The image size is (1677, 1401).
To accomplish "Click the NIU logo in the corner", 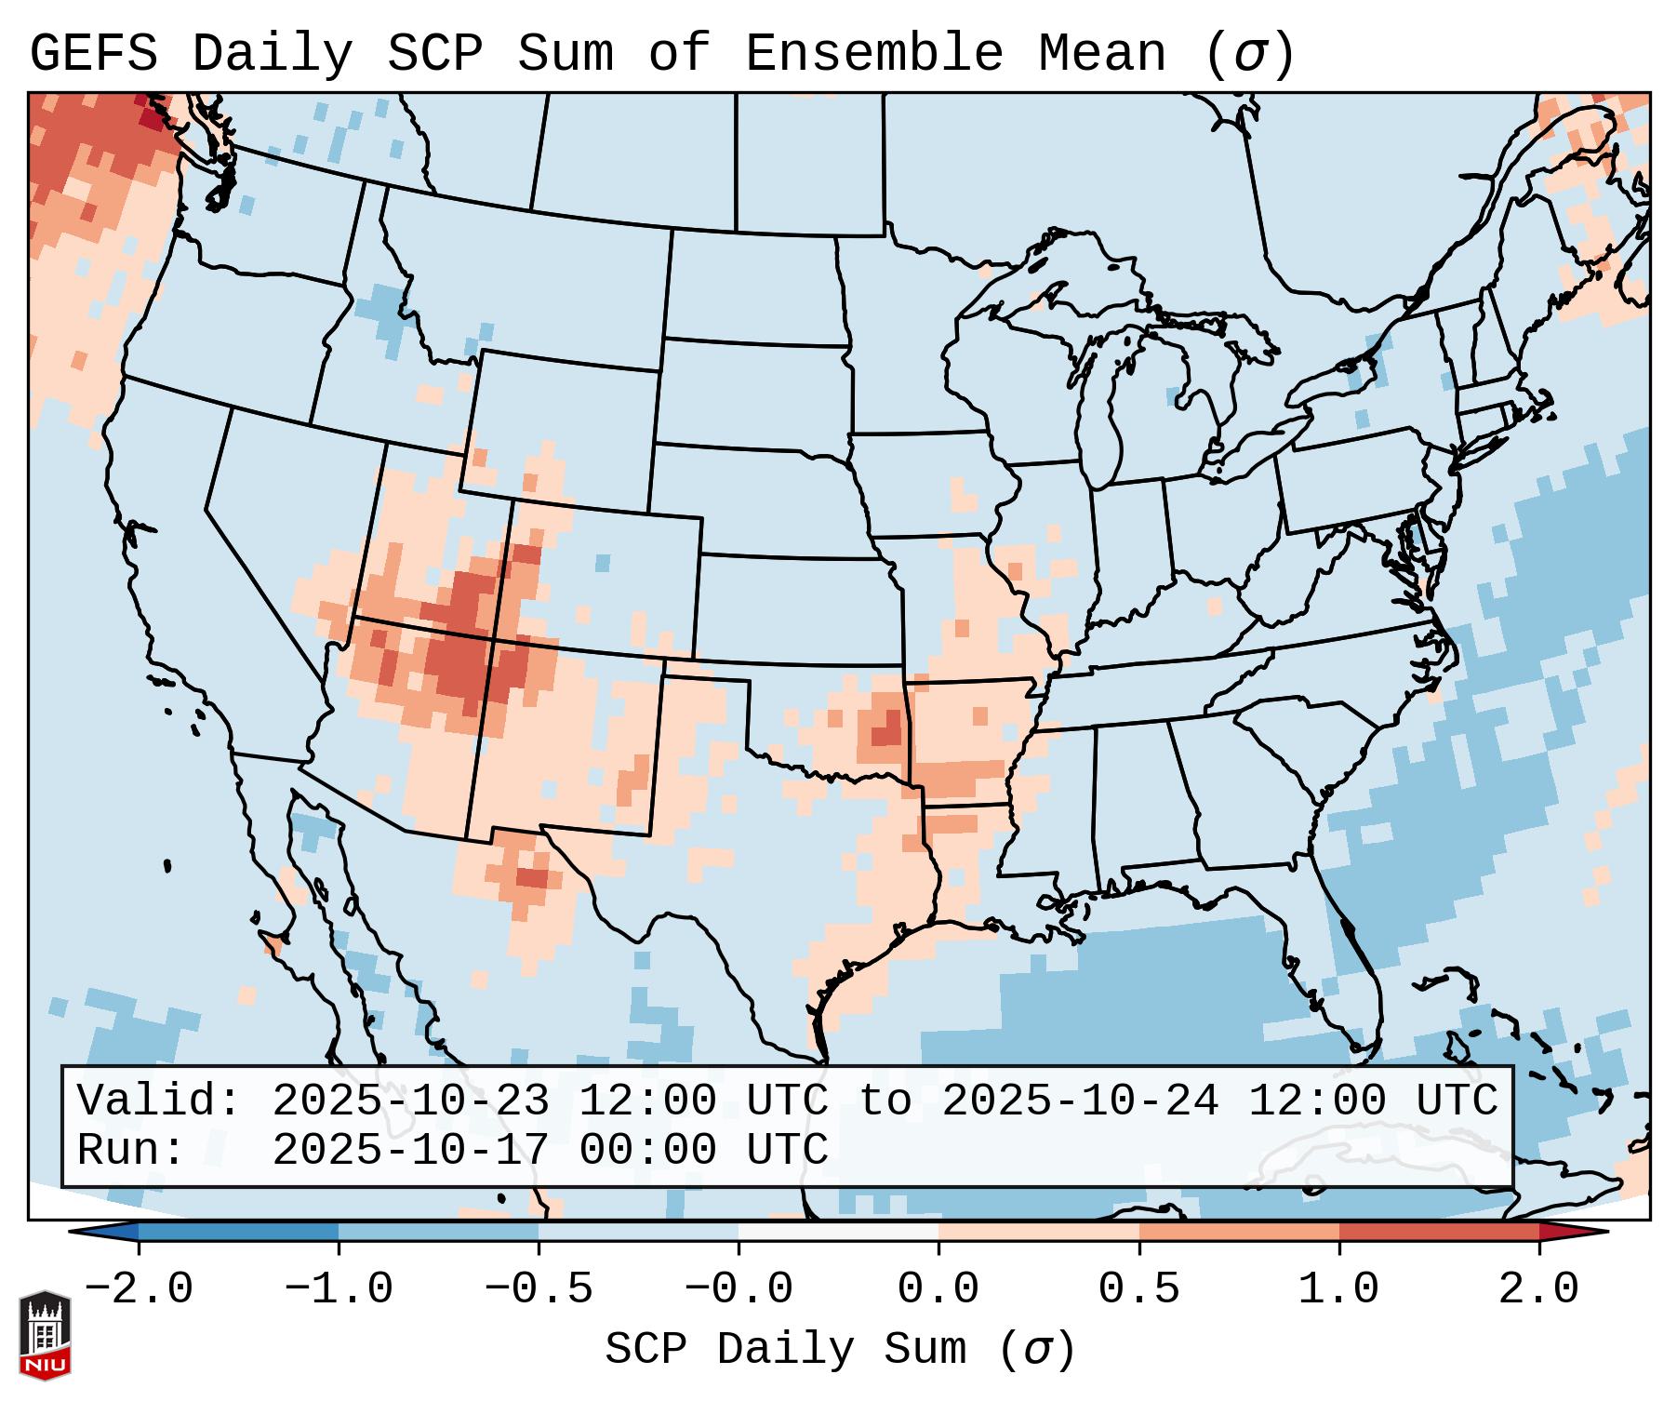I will (45, 1336).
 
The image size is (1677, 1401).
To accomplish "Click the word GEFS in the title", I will (93, 54).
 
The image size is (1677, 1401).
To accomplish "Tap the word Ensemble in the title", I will (873, 54).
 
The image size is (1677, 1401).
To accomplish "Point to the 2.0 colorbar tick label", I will (1538, 1289).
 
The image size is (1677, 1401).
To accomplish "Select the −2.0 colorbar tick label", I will (139, 1289).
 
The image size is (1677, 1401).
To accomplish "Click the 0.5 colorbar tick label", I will (1138, 1289).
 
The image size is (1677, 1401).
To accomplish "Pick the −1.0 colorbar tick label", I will (339, 1289).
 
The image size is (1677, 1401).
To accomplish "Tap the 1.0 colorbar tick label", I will (1338, 1289).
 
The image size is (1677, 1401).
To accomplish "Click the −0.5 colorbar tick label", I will (539, 1289).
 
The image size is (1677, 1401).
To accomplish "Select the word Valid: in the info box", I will (159, 1101).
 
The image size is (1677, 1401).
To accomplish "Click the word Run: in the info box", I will (131, 1150).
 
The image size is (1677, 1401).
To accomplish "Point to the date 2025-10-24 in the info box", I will (1079, 1101).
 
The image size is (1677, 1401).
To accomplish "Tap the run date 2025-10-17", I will (410, 1150).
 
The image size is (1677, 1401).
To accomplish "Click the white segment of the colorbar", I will (838, 1232).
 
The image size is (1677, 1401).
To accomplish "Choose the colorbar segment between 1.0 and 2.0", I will (1438, 1232).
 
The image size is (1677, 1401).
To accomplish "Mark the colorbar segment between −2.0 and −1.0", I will (238, 1232).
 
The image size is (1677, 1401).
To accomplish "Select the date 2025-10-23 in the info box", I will (410, 1101).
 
